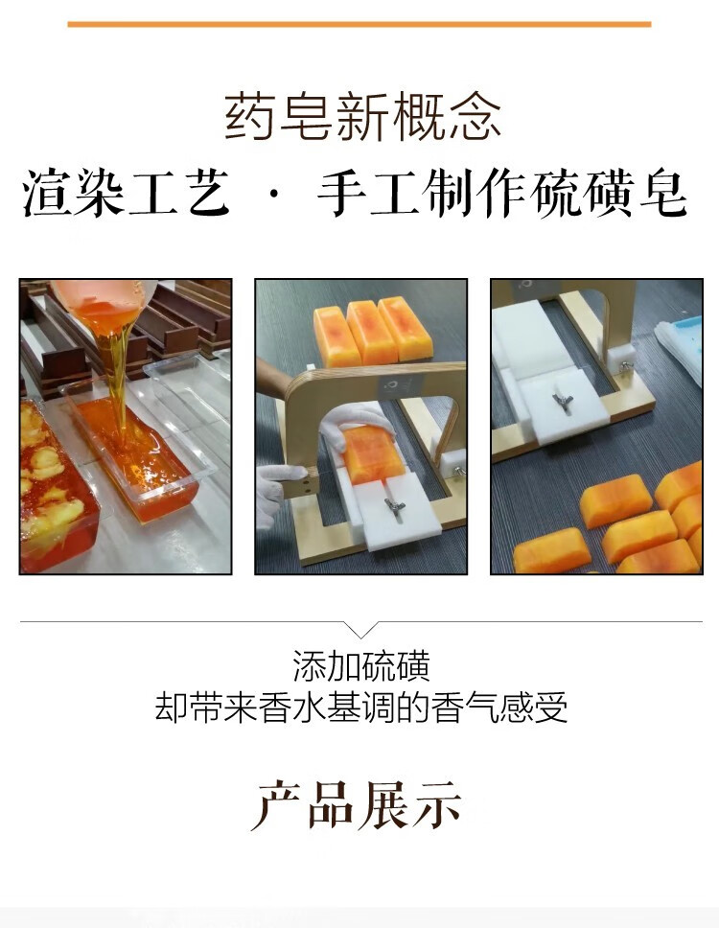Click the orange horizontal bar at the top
click(359, 24)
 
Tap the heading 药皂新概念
click(362, 117)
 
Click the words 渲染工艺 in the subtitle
click(126, 193)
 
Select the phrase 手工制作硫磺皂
click(502, 193)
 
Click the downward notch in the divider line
click(361, 630)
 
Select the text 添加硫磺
click(361, 666)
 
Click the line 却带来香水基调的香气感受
click(361, 708)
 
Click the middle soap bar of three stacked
click(370, 332)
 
